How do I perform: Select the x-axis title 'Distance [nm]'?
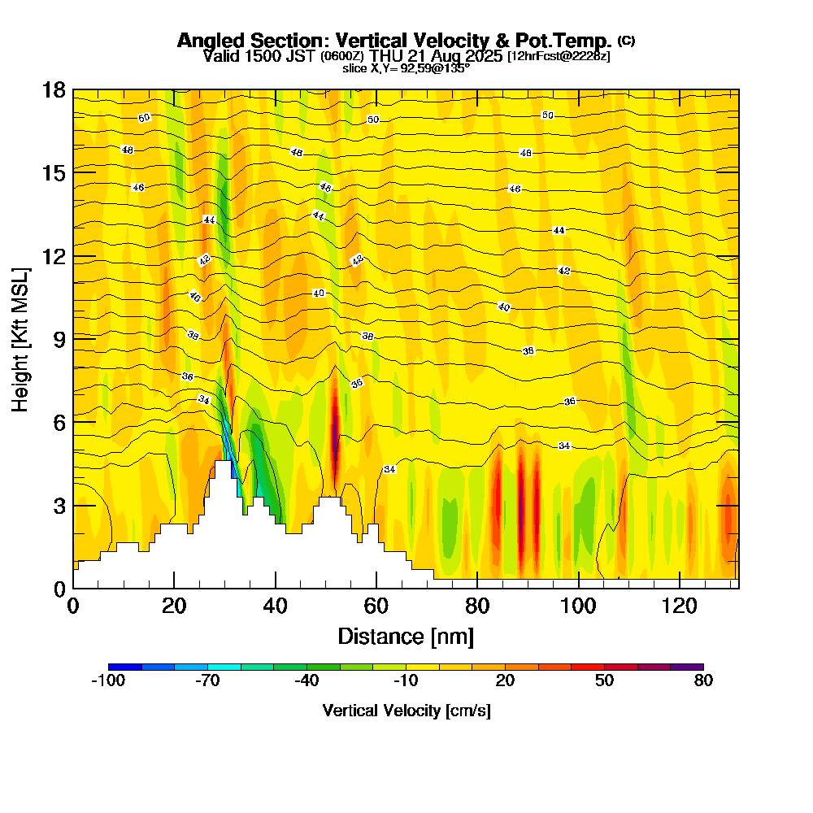click(x=406, y=636)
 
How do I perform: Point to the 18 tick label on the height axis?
click(x=54, y=89)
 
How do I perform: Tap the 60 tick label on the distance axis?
click(x=376, y=606)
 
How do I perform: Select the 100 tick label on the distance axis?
click(x=578, y=606)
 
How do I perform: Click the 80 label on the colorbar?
click(x=703, y=681)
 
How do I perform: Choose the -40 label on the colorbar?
click(x=307, y=681)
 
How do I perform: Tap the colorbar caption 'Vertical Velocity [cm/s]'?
click(x=406, y=711)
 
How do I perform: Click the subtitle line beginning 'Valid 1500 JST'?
click(x=406, y=56)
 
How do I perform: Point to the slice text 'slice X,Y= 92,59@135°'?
click(x=406, y=68)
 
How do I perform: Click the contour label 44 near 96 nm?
click(x=559, y=231)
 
